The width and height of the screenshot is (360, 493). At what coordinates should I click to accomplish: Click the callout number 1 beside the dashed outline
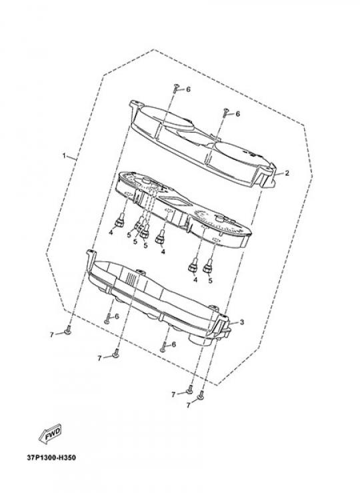[x=64, y=156]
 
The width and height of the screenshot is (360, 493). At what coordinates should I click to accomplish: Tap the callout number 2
[x=287, y=173]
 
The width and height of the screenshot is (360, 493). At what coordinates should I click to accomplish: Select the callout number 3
[x=242, y=322]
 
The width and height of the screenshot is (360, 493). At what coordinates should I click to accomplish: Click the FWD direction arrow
[x=50, y=434]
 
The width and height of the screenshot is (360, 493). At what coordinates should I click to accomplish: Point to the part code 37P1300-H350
[x=51, y=458]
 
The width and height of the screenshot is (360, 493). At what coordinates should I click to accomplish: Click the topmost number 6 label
[x=188, y=89]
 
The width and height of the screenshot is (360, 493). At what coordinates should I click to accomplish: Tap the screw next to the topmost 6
[x=176, y=88]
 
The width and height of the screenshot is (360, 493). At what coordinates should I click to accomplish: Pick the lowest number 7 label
[x=189, y=405]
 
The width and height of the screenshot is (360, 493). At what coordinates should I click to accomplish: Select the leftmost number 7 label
[x=52, y=335]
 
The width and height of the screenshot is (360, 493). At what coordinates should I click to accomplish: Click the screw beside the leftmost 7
[x=67, y=330]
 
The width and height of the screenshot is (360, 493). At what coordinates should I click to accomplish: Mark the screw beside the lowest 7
[x=201, y=396]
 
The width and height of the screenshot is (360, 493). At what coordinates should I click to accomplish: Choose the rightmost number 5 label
[x=210, y=280]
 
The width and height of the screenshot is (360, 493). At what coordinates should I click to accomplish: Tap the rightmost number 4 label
[x=195, y=280]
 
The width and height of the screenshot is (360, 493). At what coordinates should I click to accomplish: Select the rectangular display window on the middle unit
[x=173, y=200]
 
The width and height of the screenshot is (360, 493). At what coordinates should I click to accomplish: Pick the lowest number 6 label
[x=174, y=344]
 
